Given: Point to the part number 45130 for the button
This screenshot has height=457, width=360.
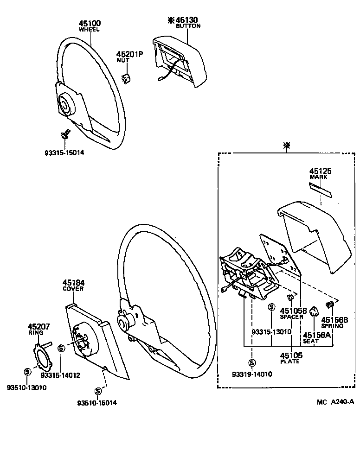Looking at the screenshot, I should pos(187,20).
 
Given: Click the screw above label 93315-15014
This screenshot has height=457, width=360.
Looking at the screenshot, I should pos(64,134).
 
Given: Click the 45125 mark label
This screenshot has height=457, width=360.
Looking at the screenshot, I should pos(321,171).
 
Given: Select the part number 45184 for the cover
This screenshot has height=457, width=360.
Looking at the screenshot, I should pos(73,282).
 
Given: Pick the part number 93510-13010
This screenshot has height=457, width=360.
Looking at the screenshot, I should pos(27,387).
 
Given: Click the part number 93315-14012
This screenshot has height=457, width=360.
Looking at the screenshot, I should pos(60,375).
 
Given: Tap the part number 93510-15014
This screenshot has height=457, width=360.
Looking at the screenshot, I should pos(97,403).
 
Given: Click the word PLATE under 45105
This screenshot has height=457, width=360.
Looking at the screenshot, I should pos(290,362).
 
